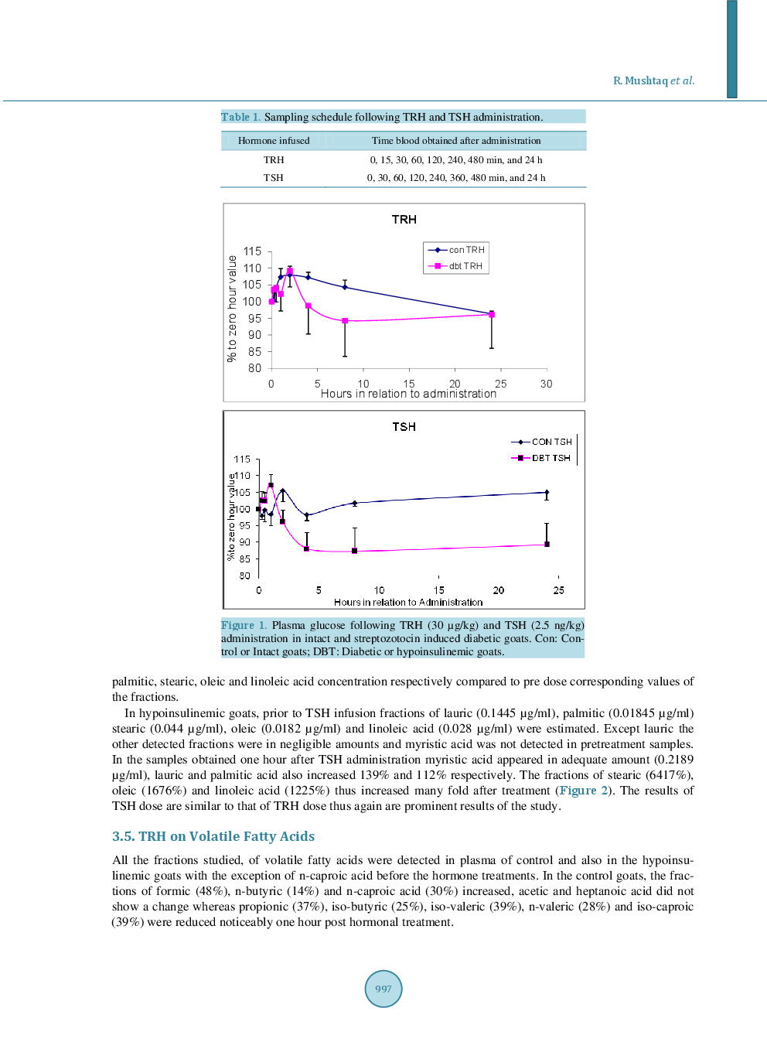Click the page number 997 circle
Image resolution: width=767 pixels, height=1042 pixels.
coord(383,989)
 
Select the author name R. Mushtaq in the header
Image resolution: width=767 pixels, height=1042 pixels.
coord(639,80)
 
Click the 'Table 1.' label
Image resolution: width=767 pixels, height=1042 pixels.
coord(240,117)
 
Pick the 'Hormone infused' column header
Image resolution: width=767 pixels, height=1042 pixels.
coord(274,141)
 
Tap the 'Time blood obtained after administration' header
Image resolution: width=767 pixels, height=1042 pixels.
coord(456,141)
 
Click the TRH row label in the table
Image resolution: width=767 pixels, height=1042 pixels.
coord(274,160)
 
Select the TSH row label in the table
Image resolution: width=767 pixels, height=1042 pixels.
coord(274,178)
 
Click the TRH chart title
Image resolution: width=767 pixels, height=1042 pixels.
coord(404,220)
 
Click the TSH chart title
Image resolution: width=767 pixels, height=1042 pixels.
coord(404,427)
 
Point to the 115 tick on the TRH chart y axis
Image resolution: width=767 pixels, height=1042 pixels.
coord(252,251)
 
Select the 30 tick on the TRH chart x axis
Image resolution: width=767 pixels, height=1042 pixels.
coord(546,384)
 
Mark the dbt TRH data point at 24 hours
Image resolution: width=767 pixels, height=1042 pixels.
coord(492,315)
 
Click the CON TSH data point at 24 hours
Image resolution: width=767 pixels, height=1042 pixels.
coord(547,492)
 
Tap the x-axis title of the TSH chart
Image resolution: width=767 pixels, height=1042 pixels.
coord(408,602)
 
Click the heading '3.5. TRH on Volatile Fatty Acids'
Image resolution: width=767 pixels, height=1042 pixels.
coord(213,836)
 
